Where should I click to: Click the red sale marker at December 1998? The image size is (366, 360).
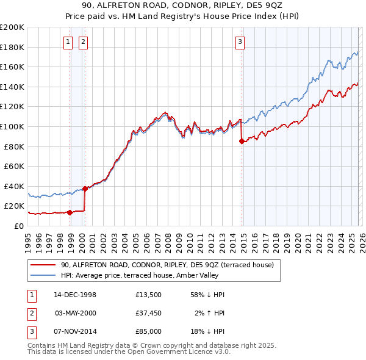(x=70, y=212)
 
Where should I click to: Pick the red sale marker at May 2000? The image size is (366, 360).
(x=85, y=189)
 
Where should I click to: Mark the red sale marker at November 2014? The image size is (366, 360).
(x=242, y=141)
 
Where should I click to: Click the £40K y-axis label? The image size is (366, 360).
(x=14, y=186)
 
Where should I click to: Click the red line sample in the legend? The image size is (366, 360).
(x=43, y=265)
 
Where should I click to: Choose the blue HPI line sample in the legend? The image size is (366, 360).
(x=43, y=275)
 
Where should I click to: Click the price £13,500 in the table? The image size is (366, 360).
(x=148, y=295)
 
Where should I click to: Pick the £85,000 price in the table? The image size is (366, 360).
(x=148, y=331)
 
